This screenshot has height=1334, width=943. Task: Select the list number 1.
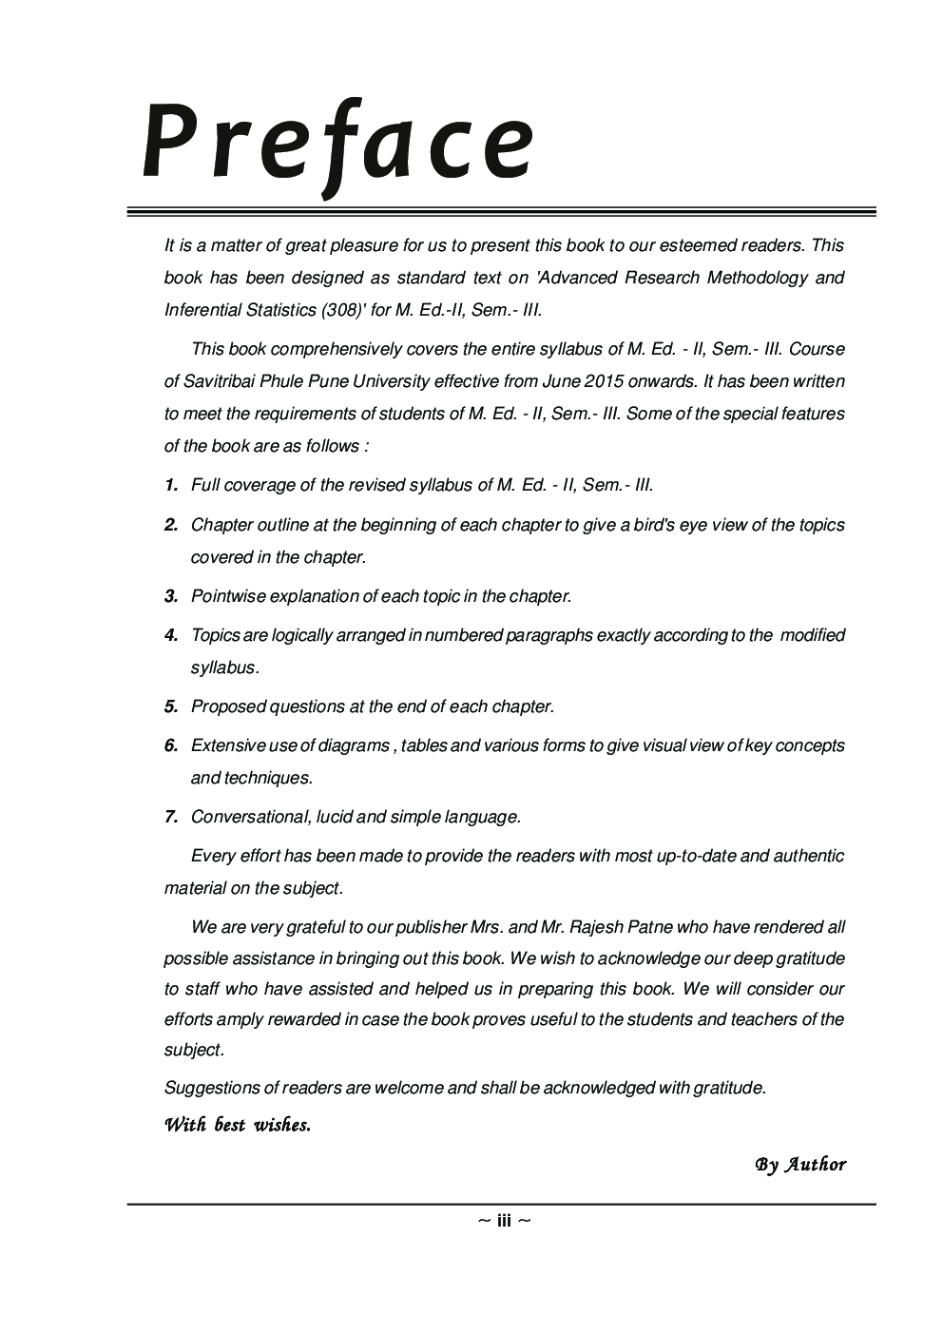171,485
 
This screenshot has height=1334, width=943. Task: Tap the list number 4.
171,635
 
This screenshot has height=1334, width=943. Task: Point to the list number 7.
171,817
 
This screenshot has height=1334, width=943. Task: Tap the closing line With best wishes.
238,1126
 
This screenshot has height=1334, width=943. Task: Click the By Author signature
799,1165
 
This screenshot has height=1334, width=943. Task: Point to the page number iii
504,1221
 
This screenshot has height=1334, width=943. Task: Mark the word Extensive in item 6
228,745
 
